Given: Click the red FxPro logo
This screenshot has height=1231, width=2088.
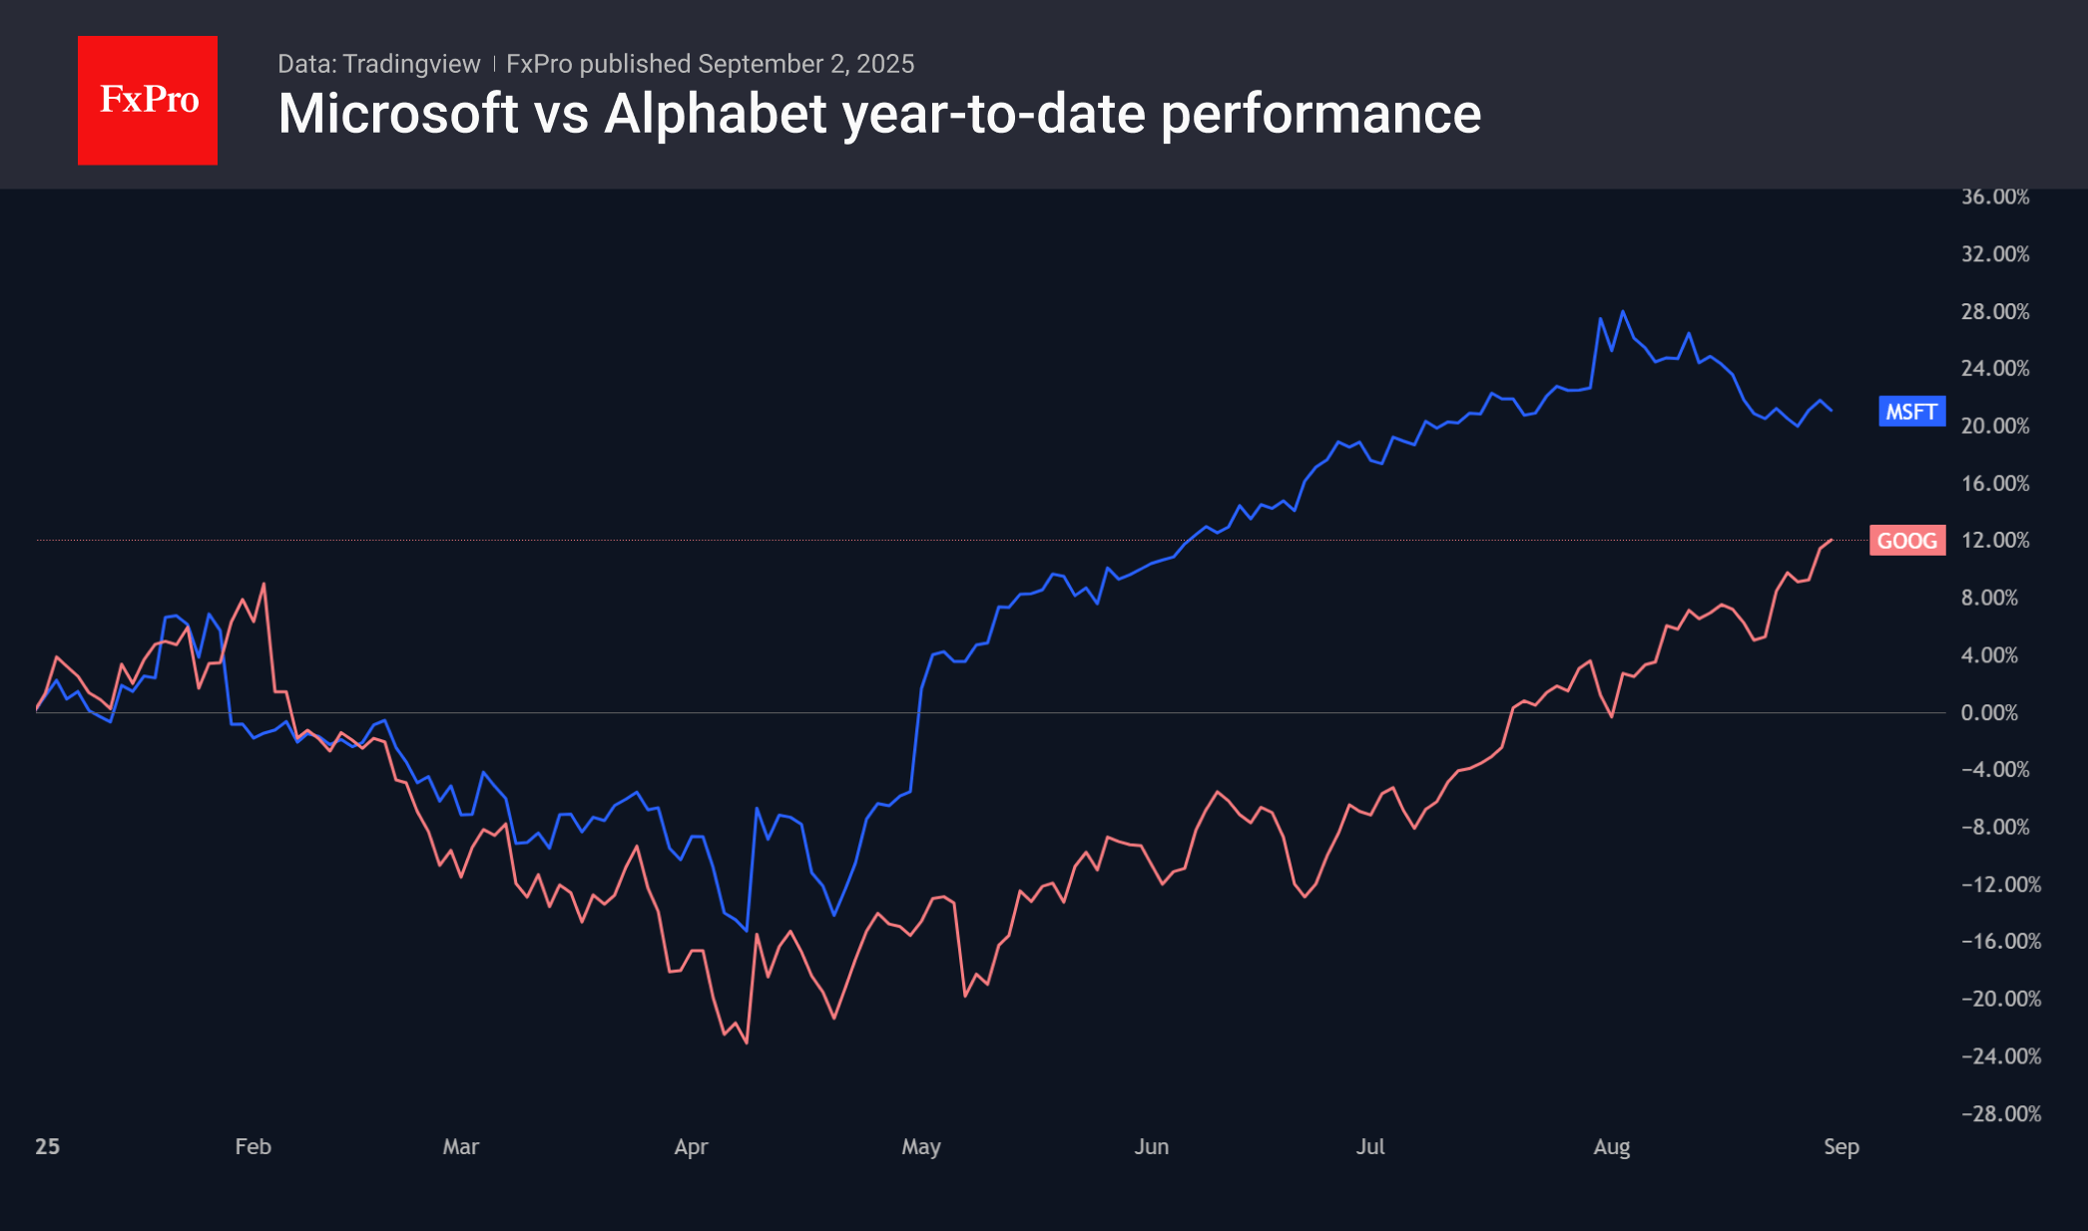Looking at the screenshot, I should click(x=148, y=100).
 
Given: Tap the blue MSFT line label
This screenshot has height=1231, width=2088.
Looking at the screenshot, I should click(x=1910, y=412).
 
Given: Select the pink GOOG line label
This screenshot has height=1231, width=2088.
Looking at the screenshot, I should click(x=1906, y=541).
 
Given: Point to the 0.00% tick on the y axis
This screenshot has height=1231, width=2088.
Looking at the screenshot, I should click(x=1988, y=712).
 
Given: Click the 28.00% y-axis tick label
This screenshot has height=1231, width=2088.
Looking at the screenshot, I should click(x=1994, y=311).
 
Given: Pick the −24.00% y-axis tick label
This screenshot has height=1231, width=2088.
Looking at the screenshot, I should click(x=2000, y=1055).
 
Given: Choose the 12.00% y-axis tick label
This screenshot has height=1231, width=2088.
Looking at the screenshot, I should click(x=1994, y=540).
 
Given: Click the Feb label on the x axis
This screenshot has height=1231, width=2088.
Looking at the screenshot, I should click(x=253, y=1146).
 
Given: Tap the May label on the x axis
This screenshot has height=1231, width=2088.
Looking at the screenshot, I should click(x=920, y=1146).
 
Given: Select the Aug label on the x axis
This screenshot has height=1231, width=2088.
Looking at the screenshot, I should click(x=1611, y=1146).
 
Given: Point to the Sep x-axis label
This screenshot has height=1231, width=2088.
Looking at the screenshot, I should click(x=1840, y=1146).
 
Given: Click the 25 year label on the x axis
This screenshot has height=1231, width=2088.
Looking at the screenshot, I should click(x=47, y=1146).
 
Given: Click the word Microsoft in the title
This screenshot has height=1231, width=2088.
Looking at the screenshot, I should click(x=398, y=114).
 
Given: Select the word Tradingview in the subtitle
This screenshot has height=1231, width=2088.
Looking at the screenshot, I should click(x=411, y=64).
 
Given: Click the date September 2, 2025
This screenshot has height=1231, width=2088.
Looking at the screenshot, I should click(x=805, y=64).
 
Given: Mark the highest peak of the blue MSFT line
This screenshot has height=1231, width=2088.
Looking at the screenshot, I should click(x=1623, y=311).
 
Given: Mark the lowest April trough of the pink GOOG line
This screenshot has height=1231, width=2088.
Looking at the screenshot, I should click(x=747, y=1042).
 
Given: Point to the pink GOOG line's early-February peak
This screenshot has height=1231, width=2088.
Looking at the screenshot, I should click(x=263, y=585).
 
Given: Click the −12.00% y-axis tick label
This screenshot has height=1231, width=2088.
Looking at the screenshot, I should click(x=2000, y=884).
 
